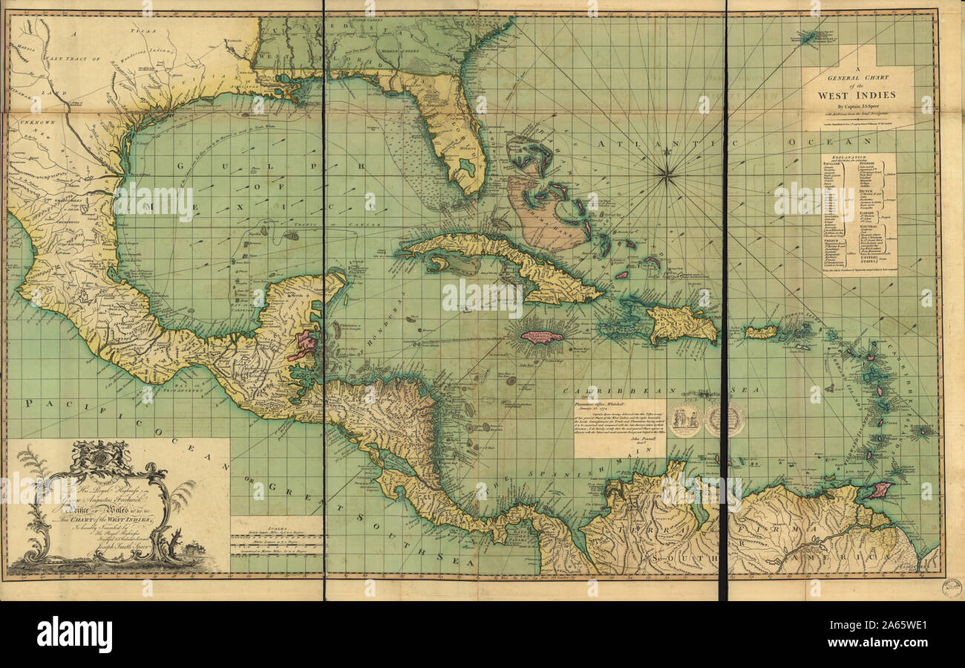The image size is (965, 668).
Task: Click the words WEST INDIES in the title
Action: click(x=857, y=94)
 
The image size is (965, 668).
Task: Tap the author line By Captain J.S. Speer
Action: click(x=857, y=107)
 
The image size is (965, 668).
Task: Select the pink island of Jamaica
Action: click(x=541, y=337)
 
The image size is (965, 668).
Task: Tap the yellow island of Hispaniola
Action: click(x=681, y=324)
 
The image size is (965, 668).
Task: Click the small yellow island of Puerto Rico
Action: click(x=761, y=331)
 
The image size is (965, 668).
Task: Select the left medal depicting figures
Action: click(x=684, y=420)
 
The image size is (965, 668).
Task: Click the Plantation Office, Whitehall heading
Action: click(x=618, y=401)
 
